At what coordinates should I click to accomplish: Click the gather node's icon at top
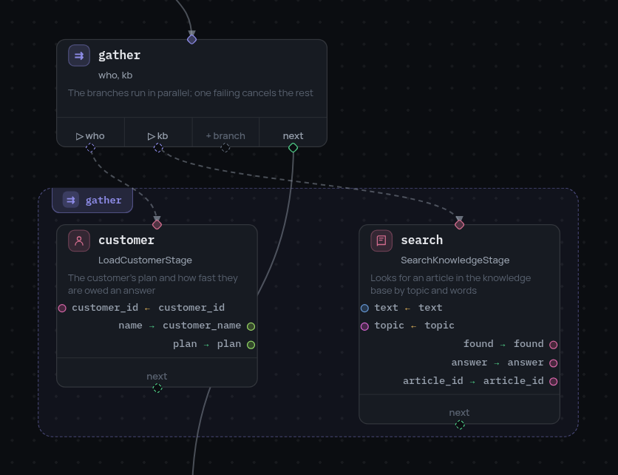79,55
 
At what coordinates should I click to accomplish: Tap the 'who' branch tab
90,136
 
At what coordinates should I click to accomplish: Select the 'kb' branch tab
157,136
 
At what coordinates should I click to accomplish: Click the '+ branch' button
225,136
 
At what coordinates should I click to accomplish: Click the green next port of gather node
293,147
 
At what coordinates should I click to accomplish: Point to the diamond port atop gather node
192,39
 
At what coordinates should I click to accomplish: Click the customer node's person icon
79,240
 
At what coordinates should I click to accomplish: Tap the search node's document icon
381,240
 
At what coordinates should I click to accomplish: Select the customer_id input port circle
62,308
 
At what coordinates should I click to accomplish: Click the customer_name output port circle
251,326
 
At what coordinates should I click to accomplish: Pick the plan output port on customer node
251,345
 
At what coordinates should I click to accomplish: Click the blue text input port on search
364,308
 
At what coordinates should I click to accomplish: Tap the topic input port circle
364,326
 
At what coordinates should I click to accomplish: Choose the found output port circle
554,345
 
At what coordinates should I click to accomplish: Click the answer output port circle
554,363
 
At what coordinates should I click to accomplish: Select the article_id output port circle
554,382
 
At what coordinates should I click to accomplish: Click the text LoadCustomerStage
145,260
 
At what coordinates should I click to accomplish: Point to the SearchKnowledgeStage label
455,260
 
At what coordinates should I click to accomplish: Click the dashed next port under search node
460,425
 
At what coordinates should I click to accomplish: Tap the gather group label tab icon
71,200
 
